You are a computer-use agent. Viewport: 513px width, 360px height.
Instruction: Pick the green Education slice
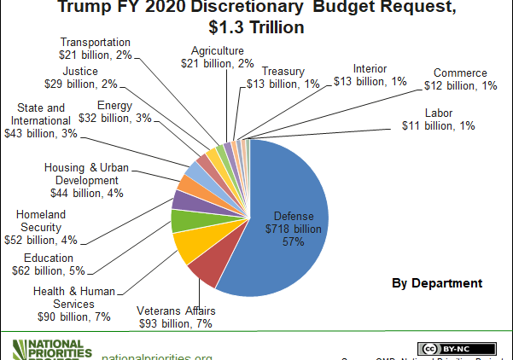184,221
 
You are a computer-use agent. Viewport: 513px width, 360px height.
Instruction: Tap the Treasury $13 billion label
289,77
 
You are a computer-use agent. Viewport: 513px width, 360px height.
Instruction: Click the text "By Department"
437,283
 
